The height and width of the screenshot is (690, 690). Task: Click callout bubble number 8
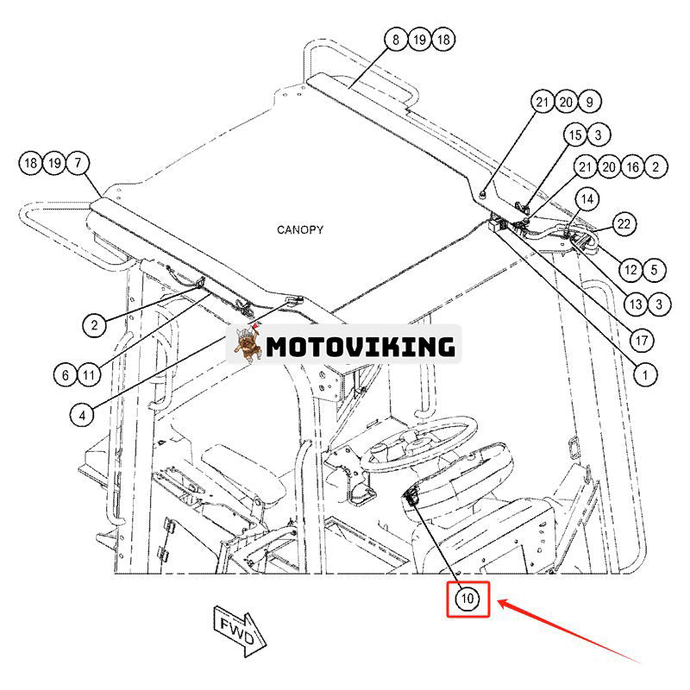click(396, 39)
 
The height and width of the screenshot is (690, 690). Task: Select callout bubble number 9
click(590, 102)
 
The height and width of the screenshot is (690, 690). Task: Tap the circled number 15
click(575, 135)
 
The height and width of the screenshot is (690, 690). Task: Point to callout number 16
click(633, 166)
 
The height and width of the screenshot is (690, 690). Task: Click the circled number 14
click(586, 199)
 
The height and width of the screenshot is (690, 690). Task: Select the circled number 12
click(630, 270)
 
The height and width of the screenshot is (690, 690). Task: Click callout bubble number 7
click(78, 162)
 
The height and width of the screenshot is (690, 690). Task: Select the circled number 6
click(65, 374)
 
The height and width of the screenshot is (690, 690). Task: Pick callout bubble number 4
click(81, 415)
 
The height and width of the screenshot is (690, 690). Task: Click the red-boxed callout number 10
click(467, 599)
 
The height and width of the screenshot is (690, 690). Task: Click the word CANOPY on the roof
click(300, 229)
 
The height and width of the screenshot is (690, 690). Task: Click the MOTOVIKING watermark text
click(360, 347)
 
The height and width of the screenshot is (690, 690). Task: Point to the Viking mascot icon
click(248, 344)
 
